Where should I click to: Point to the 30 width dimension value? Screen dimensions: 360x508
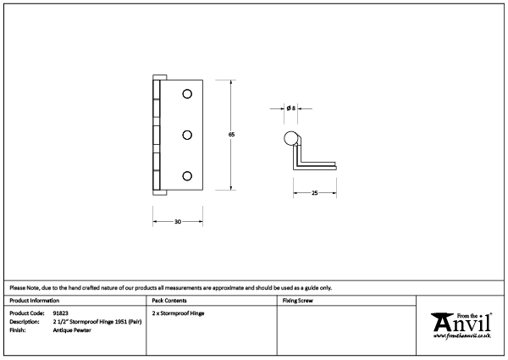tap(178, 222)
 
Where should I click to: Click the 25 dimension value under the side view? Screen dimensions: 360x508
tap(315, 194)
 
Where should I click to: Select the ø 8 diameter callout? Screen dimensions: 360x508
tap(290, 108)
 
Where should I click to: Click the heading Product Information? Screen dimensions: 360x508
tap(35, 301)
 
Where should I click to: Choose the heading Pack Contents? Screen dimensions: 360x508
tap(170, 301)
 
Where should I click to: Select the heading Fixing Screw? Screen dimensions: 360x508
tap(298, 301)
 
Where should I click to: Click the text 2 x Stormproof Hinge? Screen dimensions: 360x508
tap(179, 313)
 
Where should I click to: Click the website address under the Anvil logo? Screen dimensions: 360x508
tap(463, 337)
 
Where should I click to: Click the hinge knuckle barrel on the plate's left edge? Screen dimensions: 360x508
tap(157, 136)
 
